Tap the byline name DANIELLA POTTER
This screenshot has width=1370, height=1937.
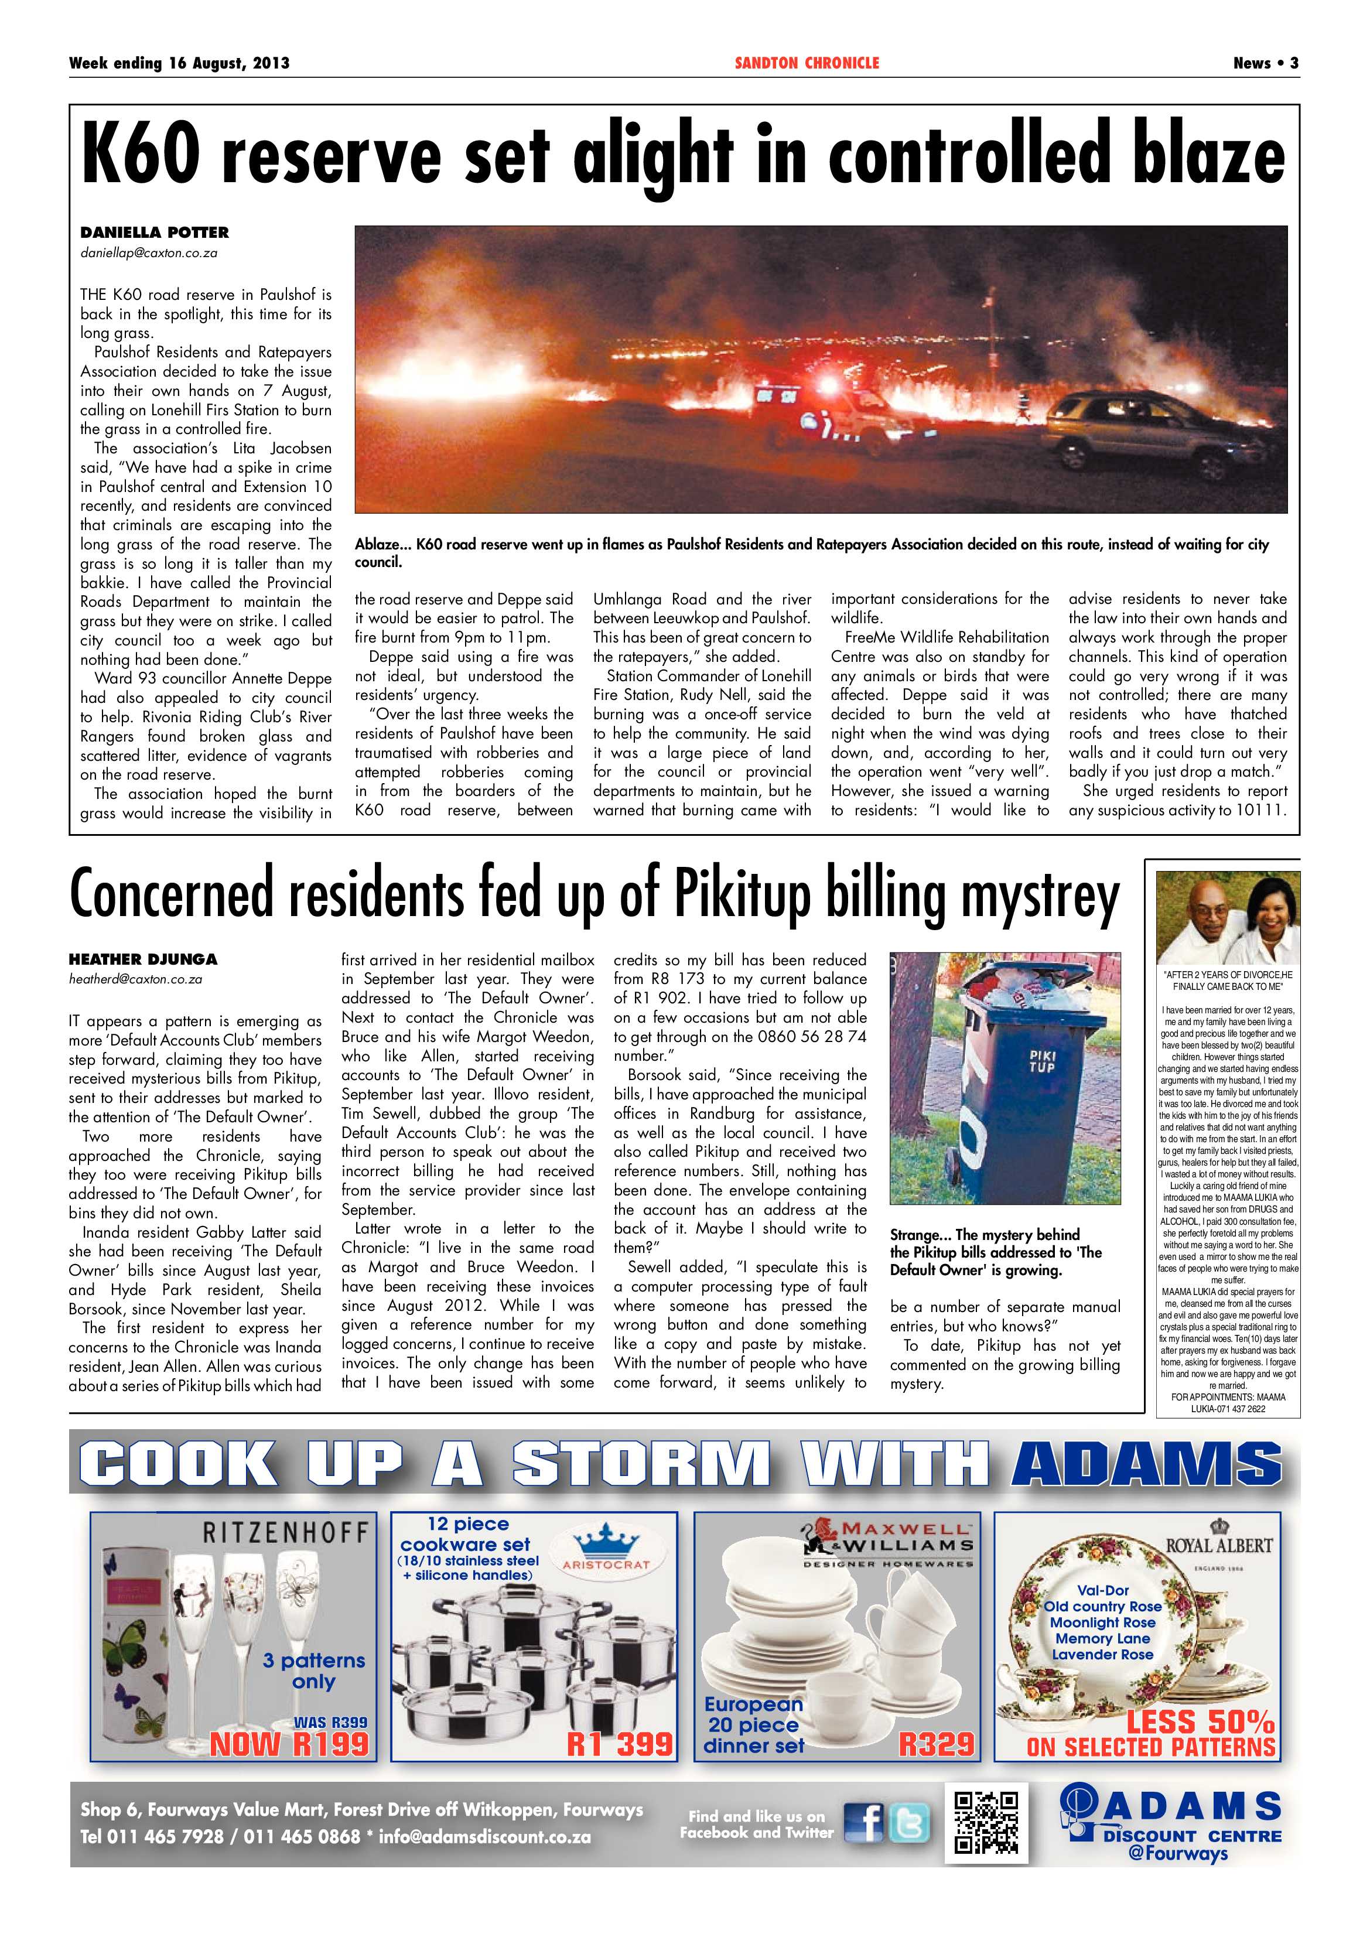pyautogui.click(x=155, y=232)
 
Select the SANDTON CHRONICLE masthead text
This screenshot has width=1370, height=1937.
pyautogui.click(x=807, y=63)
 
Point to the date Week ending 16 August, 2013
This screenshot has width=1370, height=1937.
pyautogui.click(x=179, y=63)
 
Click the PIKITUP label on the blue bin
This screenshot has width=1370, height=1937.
pyautogui.click(x=1042, y=1061)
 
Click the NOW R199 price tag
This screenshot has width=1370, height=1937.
pyautogui.click(x=289, y=1744)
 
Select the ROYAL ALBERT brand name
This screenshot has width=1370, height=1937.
pyautogui.click(x=1218, y=1546)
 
